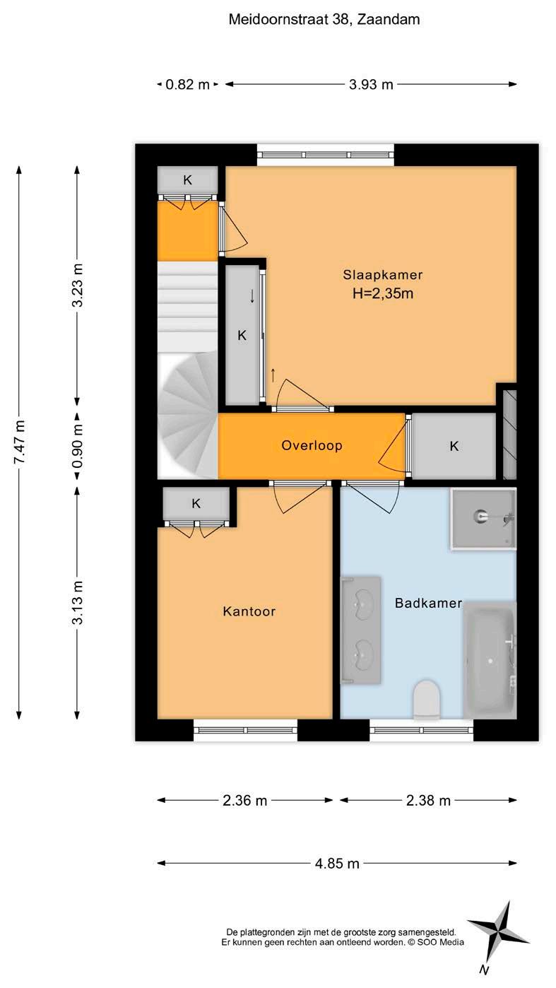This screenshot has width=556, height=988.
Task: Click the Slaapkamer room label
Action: [382, 275]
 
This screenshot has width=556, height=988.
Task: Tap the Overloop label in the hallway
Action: [312, 445]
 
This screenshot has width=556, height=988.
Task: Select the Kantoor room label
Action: [249, 611]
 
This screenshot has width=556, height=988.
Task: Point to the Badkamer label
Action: [428, 603]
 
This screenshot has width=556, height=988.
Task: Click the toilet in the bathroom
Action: [427, 699]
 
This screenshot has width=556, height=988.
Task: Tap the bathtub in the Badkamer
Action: [490, 660]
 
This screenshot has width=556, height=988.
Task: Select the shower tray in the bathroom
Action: [483, 519]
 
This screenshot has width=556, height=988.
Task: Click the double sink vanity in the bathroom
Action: [361, 630]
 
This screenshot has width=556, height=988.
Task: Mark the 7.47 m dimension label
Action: [19, 442]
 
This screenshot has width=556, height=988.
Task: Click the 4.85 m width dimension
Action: [337, 862]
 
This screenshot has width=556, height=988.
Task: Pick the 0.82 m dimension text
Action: [187, 84]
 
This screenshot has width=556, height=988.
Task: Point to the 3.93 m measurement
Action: [371, 84]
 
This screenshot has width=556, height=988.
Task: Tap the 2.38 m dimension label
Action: [428, 800]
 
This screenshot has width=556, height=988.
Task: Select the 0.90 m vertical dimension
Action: [77, 446]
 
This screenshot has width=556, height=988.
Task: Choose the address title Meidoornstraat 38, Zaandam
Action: [324, 19]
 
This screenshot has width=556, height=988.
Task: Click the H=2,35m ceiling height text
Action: [383, 293]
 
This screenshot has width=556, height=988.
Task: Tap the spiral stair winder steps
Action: [188, 415]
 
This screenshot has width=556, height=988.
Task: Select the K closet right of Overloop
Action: [454, 446]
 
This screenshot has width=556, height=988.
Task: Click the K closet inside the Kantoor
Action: [196, 503]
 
